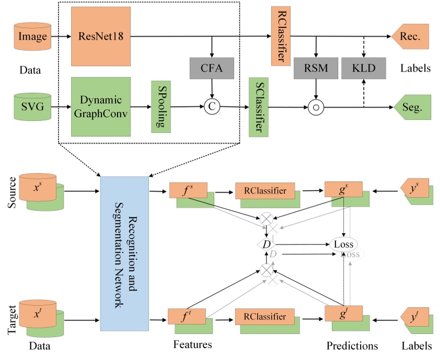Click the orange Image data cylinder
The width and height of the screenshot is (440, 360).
click(32, 37)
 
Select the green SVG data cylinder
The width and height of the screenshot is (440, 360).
click(32, 107)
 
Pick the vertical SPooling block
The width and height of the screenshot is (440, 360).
click(158, 106)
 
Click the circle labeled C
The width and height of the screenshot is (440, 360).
click(212, 107)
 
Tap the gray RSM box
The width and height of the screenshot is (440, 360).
click(316, 68)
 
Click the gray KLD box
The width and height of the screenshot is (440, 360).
click(362, 68)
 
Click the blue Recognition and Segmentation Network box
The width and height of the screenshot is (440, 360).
click(124, 253)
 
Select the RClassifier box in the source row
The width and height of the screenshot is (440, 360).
click(265, 191)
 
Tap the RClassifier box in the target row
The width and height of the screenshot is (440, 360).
click(265, 316)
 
